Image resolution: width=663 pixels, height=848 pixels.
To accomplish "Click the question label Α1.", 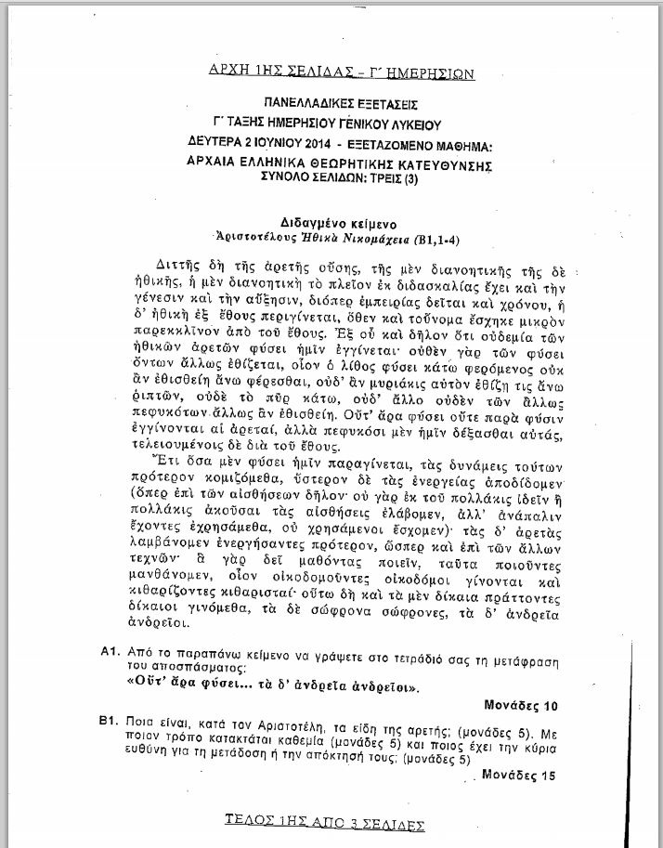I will (110, 653).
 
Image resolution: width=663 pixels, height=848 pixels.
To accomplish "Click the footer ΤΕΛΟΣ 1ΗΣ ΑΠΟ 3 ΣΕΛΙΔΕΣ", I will (325, 823).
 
